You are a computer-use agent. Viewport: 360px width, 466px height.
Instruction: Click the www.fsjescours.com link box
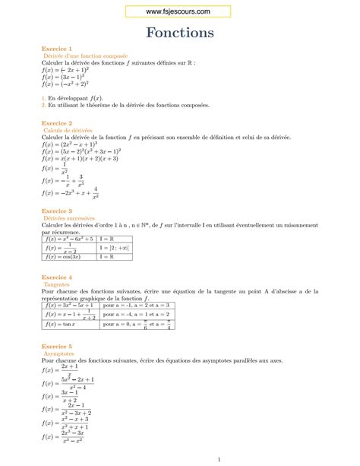point(179,10)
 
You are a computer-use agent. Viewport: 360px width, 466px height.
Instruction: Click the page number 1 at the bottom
point(218,459)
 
